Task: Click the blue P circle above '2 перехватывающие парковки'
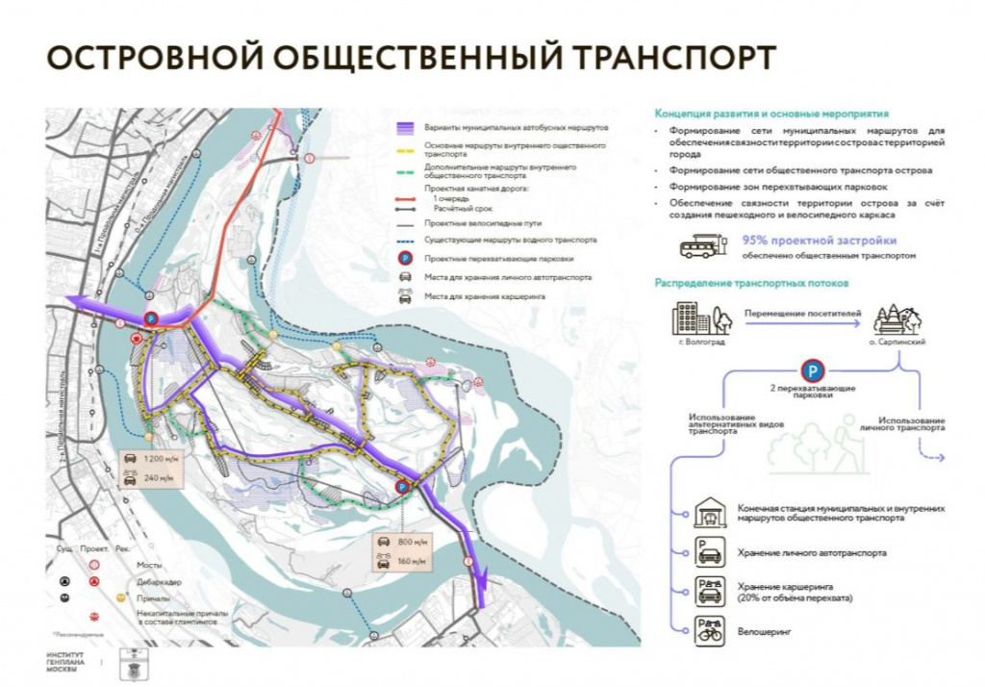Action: [x=814, y=370]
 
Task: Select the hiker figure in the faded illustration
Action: [x=848, y=439]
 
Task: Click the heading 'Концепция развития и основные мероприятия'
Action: [x=771, y=112]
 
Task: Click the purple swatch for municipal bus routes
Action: [x=406, y=127]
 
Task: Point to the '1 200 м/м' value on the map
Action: [x=159, y=460]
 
